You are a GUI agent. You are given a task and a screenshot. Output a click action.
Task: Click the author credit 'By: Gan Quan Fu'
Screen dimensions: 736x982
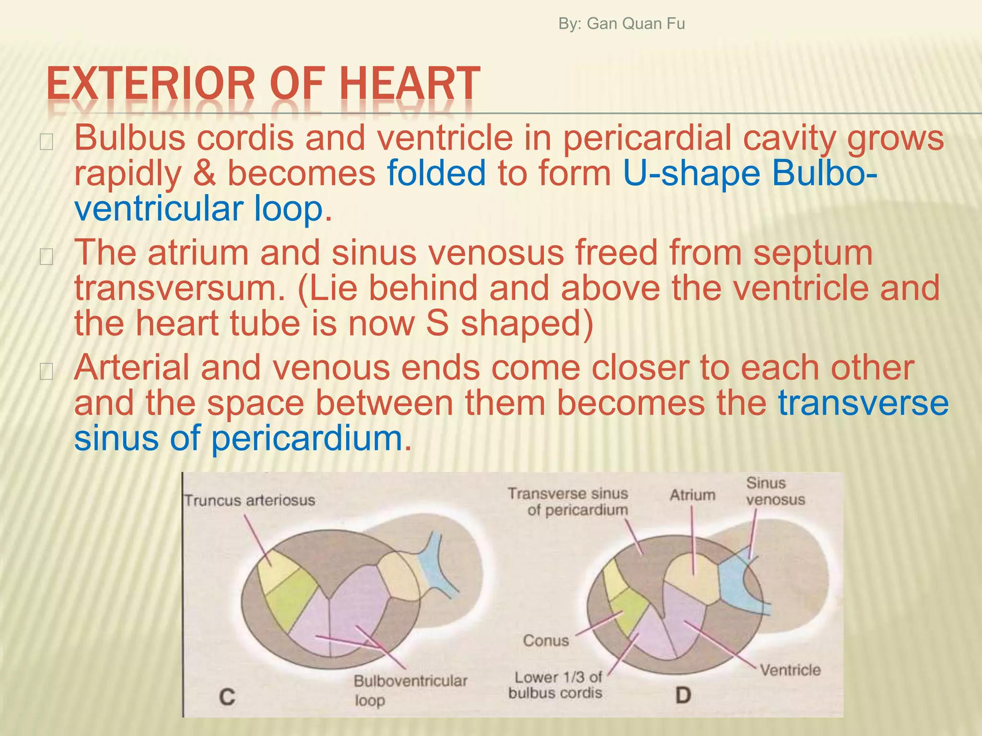point(621,23)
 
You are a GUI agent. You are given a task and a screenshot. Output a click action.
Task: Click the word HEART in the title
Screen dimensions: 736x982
point(409,85)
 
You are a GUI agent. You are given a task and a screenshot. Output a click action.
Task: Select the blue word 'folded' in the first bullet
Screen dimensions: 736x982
point(436,173)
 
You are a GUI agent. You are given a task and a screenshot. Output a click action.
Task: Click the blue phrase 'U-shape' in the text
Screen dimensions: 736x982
point(691,173)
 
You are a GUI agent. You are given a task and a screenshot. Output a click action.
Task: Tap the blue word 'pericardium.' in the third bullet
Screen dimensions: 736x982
point(311,438)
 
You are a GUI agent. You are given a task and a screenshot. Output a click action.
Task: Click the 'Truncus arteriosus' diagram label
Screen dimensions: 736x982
point(250,501)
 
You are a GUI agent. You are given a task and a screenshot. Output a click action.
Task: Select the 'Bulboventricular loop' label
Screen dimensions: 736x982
point(410,690)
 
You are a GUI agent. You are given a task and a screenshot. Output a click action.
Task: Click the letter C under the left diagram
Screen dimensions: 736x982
point(227,697)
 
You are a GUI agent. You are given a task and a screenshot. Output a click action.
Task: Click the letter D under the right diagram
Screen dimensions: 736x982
point(683,695)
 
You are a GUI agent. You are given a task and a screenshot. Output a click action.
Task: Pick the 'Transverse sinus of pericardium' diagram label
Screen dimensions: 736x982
point(568,502)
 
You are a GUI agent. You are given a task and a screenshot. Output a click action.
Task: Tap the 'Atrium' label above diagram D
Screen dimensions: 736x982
point(692,495)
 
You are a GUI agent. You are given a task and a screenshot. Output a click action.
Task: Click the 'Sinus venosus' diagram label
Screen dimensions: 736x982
point(775,492)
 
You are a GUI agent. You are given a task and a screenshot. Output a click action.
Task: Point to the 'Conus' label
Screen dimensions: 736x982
point(546,641)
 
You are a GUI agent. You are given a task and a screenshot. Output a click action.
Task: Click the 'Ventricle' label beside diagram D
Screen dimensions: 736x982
point(790,670)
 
